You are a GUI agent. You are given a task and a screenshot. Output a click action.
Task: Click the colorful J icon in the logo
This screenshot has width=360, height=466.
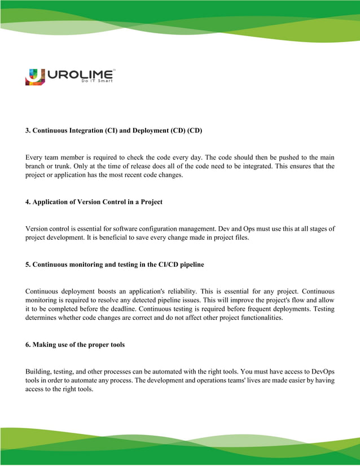pyautogui.click(x=34, y=76)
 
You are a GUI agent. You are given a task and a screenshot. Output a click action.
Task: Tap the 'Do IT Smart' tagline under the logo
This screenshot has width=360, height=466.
pyautogui.click(x=97, y=81)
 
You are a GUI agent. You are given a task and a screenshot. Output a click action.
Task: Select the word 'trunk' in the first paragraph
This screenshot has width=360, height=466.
pyautogui.click(x=64, y=166)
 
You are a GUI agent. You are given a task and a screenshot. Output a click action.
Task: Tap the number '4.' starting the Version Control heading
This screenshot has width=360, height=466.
pyautogui.click(x=28, y=201)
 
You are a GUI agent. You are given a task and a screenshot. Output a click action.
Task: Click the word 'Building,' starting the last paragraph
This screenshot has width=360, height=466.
pyautogui.click(x=39, y=372)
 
